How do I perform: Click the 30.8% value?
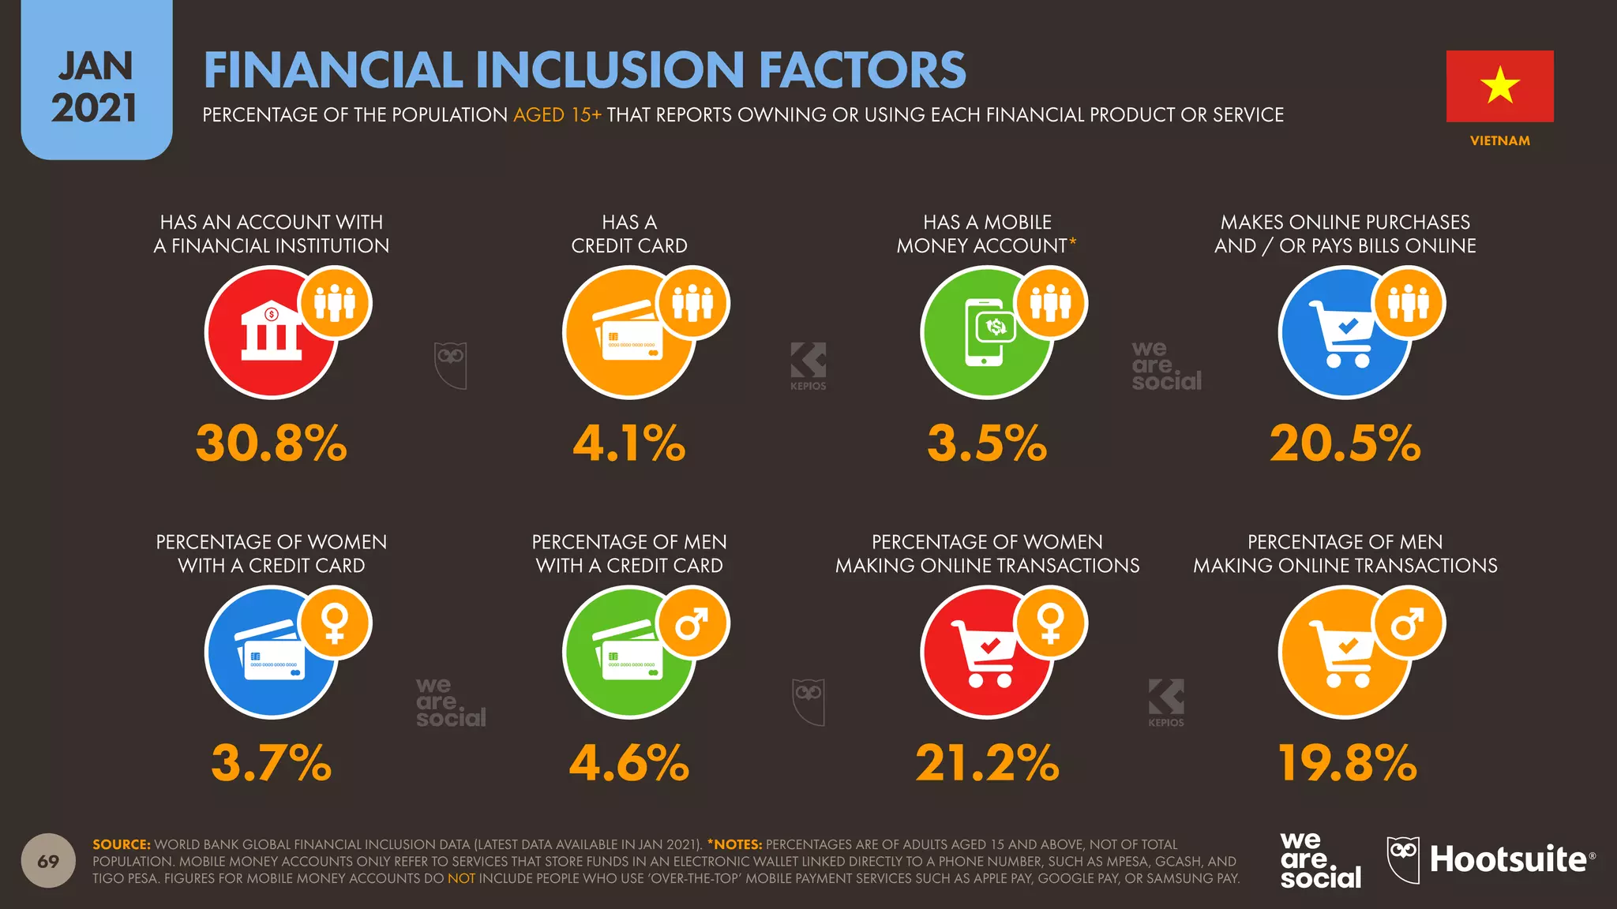tap(271, 443)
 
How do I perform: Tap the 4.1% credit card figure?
tap(629, 443)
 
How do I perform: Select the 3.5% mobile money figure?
tap(987, 443)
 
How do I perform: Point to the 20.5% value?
tap(1345, 443)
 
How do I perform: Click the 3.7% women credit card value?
tap(271, 763)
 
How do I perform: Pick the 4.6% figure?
tap(629, 763)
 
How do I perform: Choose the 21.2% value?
tap(987, 763)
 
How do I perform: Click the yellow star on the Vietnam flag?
tap(1499, 85)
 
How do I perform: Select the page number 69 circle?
tap(48, 860)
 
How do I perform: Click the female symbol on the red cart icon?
tap(1051, 623)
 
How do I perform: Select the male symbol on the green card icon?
tap(692, 623)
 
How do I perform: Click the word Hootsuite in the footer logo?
tap(1508, 859)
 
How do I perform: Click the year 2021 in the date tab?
tap(95, 108)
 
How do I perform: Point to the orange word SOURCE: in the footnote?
tap(121, 844)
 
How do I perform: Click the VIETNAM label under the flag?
tap(1499, 140)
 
